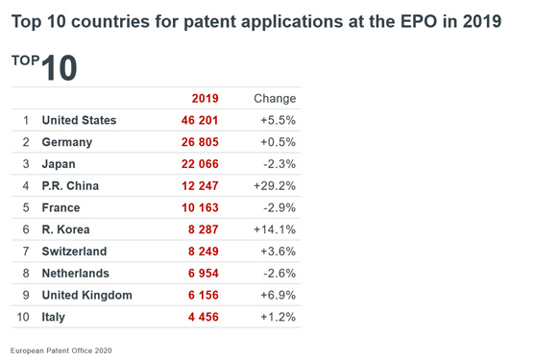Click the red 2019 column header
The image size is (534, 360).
pos(205,98)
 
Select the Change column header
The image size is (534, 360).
pos(275,98)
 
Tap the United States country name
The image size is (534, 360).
pos(79,120)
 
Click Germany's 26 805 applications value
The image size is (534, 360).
pos(200,142)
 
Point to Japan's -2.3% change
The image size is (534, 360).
pos(279,164)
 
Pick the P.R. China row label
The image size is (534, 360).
pos(70,186)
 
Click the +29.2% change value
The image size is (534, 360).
pos(275,186)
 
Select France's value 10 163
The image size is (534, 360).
pos(200,207)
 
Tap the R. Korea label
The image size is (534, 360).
pos(65,229)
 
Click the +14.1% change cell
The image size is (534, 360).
pos(275,229)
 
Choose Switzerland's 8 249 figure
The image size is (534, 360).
pos(204,252)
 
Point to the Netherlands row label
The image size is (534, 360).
pos(76,274)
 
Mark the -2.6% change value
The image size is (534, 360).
pos(279,274)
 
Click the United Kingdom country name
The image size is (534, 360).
pos(87,295)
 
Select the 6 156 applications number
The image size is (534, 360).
pos(204,295)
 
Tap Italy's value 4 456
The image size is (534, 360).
pos(204,317)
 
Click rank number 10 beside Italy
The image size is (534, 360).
pos(23,317)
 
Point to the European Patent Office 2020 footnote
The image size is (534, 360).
pos(61,350)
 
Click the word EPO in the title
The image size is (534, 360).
pos(419,21)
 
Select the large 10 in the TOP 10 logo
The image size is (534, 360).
pos(60,68)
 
